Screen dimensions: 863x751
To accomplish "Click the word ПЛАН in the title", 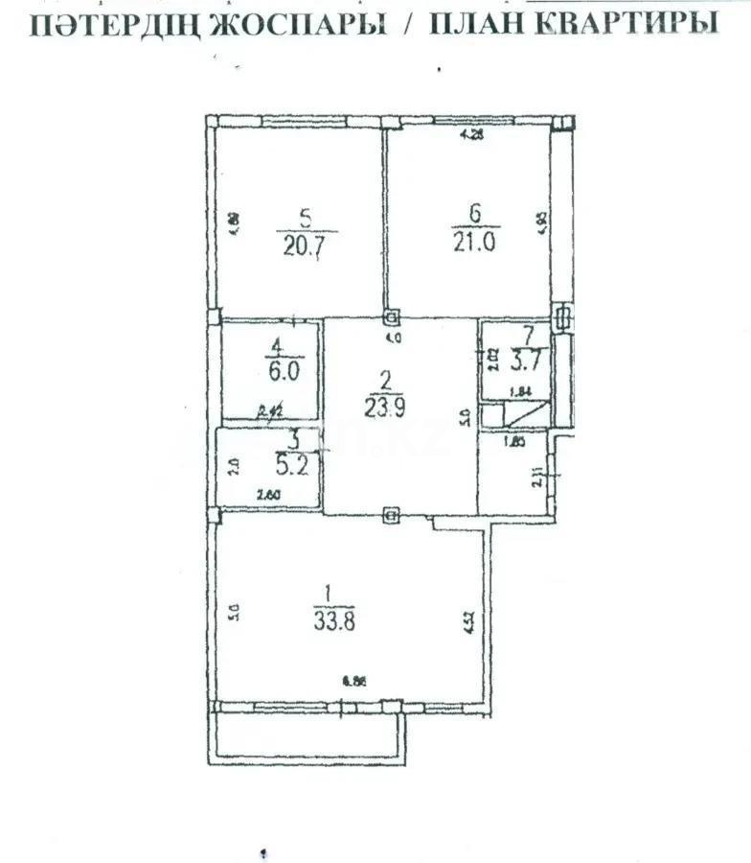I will tap(479, 24).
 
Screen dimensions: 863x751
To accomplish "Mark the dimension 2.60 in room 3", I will tap(268, 495).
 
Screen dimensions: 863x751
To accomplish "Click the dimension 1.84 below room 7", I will tap(520, 391).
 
